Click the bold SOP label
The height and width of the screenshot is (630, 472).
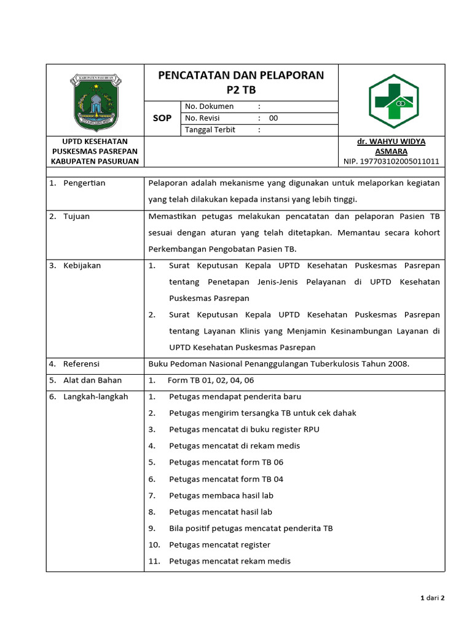(162, 118)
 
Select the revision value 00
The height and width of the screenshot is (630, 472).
(273, 118)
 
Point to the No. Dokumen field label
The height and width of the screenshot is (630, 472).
(209, 106)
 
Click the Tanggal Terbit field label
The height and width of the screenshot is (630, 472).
(210, 130)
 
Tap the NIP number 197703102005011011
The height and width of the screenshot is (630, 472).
(391, 161)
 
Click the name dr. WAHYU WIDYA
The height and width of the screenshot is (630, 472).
(391, 142)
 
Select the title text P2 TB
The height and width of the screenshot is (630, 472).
(241, 90)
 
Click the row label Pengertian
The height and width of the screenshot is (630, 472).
(84, 183)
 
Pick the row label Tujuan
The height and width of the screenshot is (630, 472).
(76, 216)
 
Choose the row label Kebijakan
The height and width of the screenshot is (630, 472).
(82, 265)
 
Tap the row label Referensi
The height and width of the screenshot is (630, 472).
(81, 364)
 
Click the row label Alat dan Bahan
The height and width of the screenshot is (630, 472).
(92, 380)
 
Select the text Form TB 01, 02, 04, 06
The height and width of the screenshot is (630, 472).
(211, 380)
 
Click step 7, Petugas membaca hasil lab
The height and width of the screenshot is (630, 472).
(221, 495)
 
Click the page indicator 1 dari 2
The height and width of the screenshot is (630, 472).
(432, 597)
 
